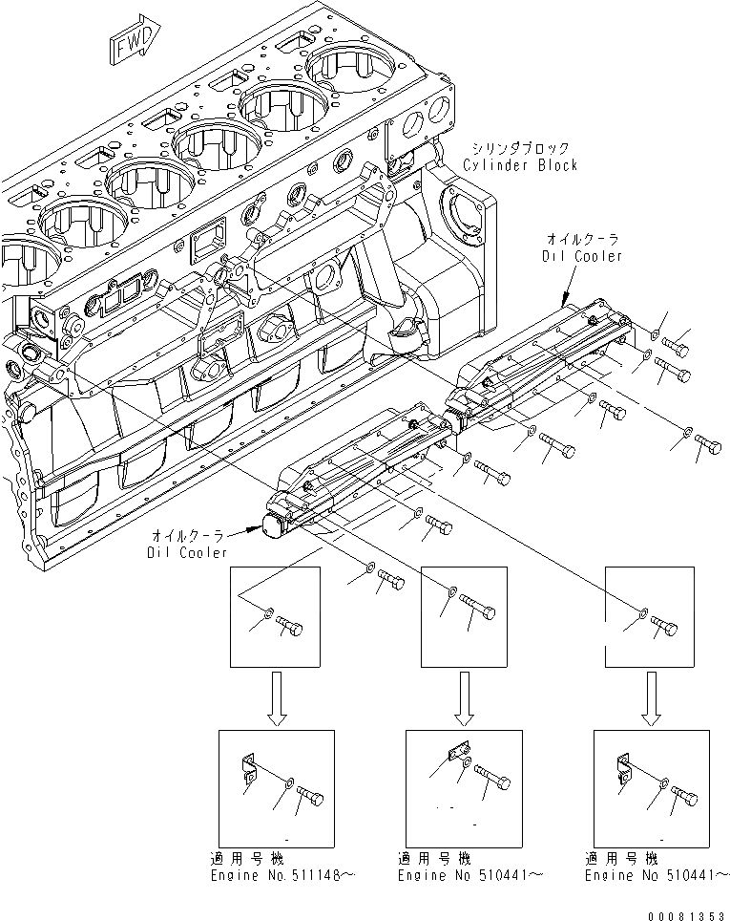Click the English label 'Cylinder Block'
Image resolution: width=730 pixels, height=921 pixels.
[x=520, y=164]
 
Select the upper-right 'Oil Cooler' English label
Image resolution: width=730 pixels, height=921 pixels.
[x=585, y=255]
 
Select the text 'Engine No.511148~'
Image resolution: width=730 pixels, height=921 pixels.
[x=276, y=874]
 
